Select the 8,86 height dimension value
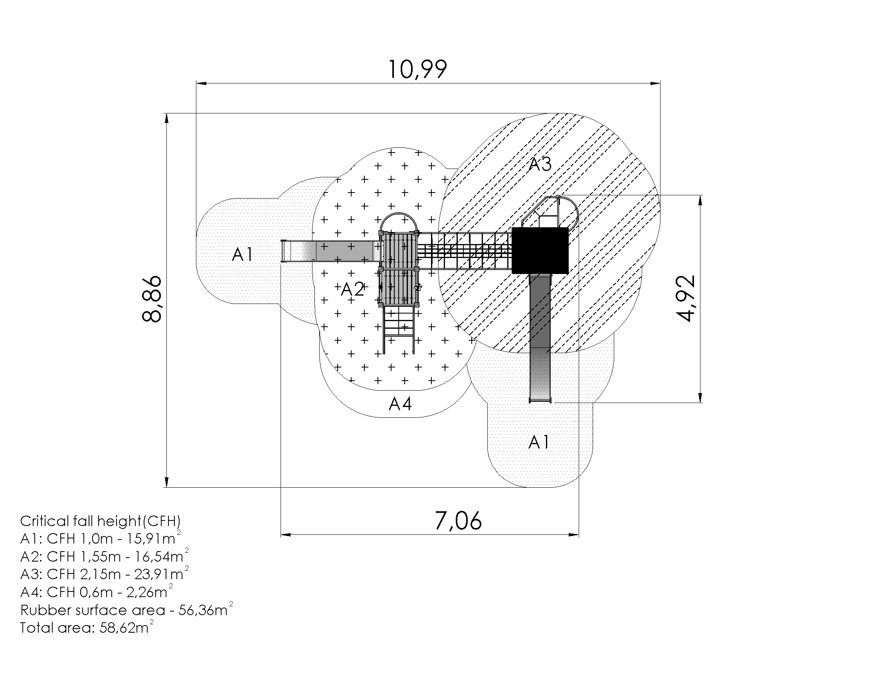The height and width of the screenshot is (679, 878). coord(152,299)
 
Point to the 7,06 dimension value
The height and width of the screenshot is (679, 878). coord(458,520)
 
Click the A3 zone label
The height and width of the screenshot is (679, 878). coord(540,164)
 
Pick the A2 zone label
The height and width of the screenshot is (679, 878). coord(352,289)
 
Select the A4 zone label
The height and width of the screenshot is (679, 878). coord(400,404)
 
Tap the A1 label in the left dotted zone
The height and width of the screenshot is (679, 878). coord(243,254)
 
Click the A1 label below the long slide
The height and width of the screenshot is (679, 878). coord(539,442)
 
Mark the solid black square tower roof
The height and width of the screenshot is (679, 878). coord(540,250)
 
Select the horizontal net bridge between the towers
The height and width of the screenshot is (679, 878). coord(465,250)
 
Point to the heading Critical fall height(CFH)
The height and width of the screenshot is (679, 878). coord(101,521)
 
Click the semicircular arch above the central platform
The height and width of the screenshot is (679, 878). coord(399,222)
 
